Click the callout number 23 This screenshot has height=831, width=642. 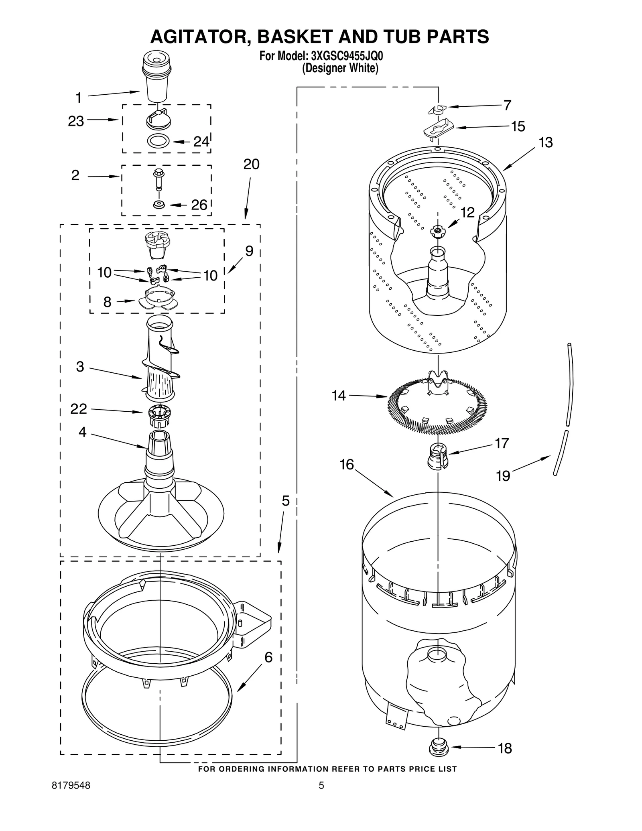76,121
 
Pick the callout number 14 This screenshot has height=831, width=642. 339,396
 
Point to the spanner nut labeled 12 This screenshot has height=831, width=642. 438,231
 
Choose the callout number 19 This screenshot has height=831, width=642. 503,476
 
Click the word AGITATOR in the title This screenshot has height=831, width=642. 200,37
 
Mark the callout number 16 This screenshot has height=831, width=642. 347,465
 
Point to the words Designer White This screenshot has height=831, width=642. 340,68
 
